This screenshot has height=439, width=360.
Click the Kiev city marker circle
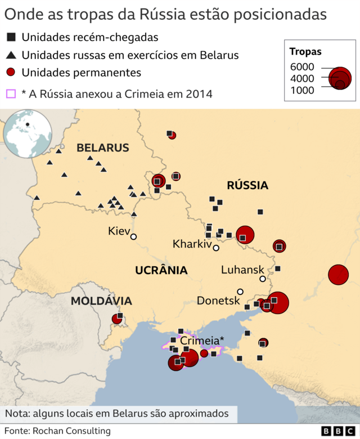coord(133,236)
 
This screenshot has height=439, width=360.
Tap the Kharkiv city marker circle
coord(216,248)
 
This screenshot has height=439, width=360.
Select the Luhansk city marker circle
coord(262,279)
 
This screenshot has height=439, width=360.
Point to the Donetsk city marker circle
coord(240,292)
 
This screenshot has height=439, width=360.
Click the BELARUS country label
coord(103,148)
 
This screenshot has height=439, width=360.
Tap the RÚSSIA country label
coord(247,185)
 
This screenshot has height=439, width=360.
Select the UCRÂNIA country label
coord(161,271)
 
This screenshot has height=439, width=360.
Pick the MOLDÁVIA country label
coord(101,301)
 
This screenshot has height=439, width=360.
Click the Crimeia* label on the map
coord(202,341)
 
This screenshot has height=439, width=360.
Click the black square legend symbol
coord(11,38)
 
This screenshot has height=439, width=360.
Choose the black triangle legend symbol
coord(11,55)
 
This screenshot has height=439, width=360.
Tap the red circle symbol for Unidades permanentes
coord(11,73)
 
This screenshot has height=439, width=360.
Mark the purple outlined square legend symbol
coord(11,94)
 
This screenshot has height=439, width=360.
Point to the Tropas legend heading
coord(305,52)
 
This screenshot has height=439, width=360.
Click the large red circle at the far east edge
coord(339,275)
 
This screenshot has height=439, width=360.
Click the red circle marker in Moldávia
coord(117,319)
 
